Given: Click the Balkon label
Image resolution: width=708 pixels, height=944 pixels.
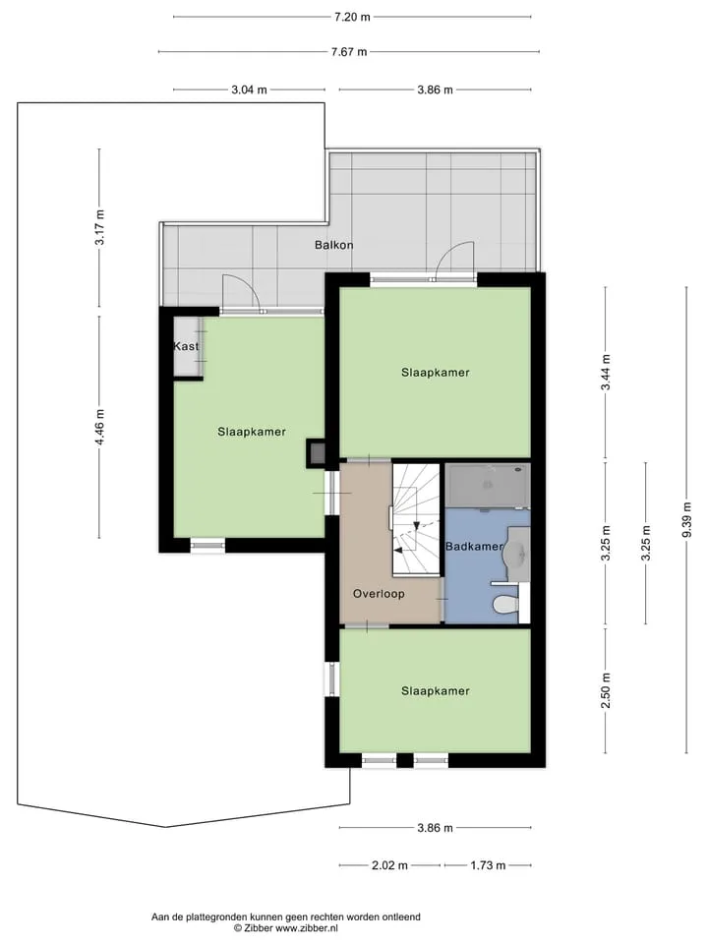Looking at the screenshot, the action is (x=333, y=245).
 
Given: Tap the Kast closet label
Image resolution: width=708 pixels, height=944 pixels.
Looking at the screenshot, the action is (x=186, y=346).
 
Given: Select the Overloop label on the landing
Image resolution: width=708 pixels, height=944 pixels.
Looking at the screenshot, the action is (x=379, y=594).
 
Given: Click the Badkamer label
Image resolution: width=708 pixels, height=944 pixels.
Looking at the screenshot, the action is (x=474, y=546).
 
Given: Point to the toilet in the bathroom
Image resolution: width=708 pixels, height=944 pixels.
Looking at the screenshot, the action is (x=505, y=603).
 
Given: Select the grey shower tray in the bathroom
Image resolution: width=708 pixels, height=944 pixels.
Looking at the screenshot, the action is (x=488, y=485).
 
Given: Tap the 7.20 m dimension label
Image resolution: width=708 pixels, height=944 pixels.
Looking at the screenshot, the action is (x=352, y=17).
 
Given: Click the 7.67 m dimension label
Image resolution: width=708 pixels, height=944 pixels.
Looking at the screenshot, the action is (x=348, y=52).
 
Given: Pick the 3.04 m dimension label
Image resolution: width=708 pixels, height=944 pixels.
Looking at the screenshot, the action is (x=249, y=89).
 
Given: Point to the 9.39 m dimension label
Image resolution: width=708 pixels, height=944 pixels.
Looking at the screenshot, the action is (x=687, y=520).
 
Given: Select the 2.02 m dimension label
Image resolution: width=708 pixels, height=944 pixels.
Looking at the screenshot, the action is (x=389, y=865).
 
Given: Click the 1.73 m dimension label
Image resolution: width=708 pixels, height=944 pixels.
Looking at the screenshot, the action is (x=488, y=865).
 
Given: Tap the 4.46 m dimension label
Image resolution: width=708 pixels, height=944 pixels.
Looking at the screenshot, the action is (x=100, y=427).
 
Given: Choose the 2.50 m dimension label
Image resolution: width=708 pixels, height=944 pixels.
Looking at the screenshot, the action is (x=607, y=690).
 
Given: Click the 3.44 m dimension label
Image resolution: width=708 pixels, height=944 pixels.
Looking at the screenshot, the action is (x=607, y=372).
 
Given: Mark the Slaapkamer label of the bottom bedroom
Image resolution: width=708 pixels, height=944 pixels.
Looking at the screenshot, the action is (x=436, y=690).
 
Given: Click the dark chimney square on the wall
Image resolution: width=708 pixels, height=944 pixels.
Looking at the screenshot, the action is (x=317, y=452).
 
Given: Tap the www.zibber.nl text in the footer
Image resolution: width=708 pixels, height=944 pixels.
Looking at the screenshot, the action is (x=307, y=928).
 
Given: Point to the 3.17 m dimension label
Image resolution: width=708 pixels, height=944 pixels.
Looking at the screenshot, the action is (x=100, y=227).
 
